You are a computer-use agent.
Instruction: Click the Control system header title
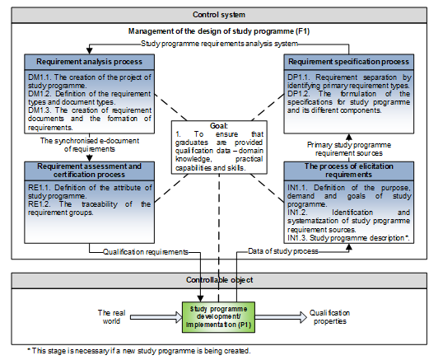(219, 15)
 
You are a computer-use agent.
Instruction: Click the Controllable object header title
(219, 280)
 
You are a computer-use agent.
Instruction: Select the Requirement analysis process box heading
(89, 62)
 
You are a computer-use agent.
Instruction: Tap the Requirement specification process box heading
(348, 62)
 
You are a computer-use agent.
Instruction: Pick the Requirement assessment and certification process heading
(89, 171)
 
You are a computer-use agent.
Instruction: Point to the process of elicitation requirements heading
(348, 171)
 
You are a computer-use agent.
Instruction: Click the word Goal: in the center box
(219, 126)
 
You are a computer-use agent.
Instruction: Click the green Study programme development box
(219, 317)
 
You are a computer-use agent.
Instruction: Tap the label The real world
(111, 317)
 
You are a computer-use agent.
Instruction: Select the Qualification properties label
(329, 317)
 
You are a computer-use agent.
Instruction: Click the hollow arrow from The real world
(156, 317)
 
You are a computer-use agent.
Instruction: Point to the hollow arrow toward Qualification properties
(281, 317)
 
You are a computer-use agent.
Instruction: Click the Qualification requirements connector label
(146, 252)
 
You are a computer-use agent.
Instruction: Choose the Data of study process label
(283, 251)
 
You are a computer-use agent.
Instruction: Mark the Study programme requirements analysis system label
(219, 44)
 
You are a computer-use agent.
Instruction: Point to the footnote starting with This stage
(138, 351)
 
